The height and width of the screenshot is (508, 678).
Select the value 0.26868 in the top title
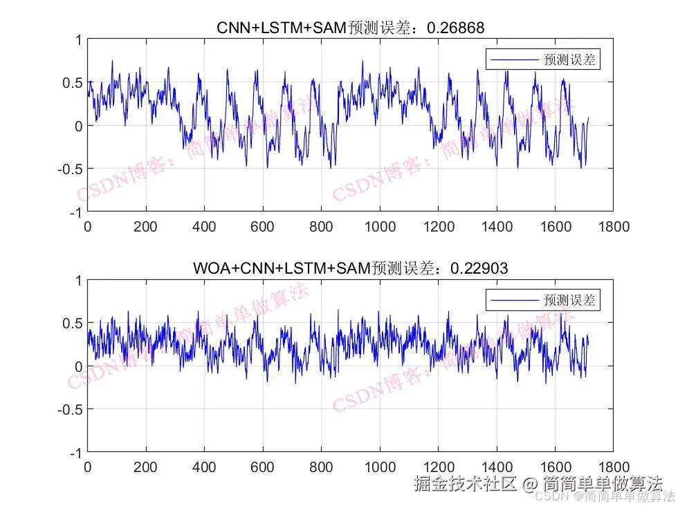point(456,28)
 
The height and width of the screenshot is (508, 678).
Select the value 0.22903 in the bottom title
point(479,267)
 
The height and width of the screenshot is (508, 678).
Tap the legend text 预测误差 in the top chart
point(569,60)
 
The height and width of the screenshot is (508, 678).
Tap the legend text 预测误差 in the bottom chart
point(569,300)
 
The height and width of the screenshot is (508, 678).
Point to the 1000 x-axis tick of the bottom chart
point(380,467)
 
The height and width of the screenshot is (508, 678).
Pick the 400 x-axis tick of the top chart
point(204,227)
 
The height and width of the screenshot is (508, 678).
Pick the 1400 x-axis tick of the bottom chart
point(497,467)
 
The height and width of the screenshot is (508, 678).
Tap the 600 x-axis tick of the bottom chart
point(263,467)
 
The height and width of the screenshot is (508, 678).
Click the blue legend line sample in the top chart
point(514,60)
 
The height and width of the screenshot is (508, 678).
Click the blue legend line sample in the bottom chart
point(514,300)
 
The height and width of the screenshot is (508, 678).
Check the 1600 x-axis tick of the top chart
point(555,227)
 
